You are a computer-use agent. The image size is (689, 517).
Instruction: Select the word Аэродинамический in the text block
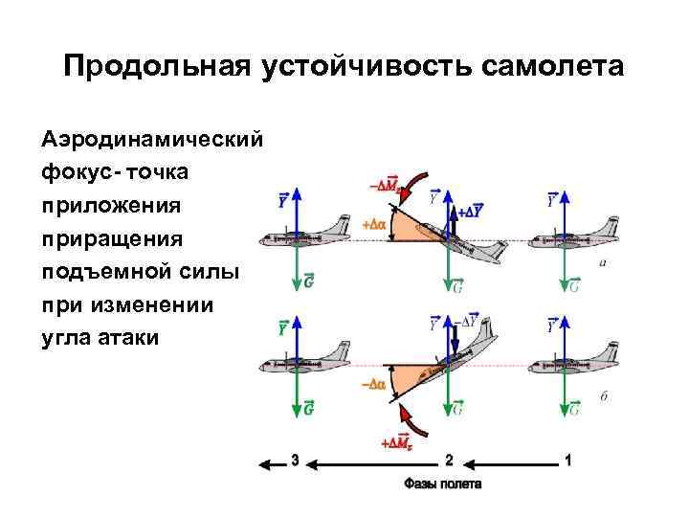coord(152,140)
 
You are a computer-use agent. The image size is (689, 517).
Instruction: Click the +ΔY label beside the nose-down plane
coord(472,211)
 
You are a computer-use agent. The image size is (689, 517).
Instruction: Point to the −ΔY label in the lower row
coord(471,324)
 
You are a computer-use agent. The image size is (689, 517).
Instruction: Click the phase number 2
coord(448,461)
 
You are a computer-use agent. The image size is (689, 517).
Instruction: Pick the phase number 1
coord(569,461)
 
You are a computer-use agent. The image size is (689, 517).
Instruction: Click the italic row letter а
coord(602,261)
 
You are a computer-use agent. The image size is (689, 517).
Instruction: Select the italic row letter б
coord(604,395)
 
